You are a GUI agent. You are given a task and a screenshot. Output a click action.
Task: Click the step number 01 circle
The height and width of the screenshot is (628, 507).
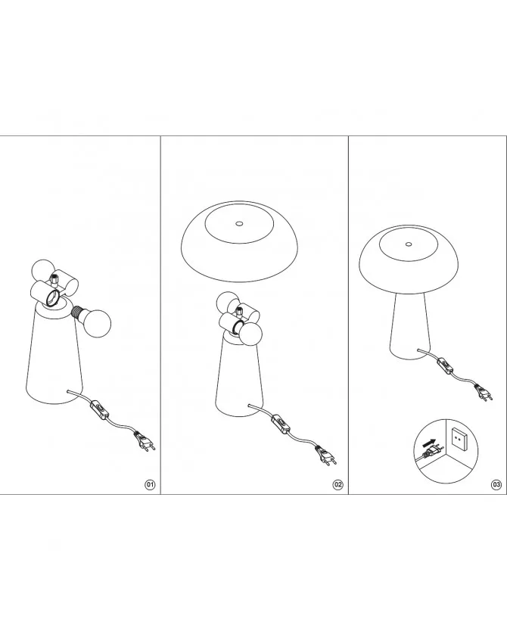tap(150, 484)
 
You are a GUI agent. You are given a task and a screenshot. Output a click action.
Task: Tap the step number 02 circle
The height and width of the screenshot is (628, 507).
tap(338, 484)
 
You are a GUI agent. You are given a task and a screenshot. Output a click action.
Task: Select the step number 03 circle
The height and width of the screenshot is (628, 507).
tap(496, 484)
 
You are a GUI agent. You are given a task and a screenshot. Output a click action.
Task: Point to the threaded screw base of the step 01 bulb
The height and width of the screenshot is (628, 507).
tap(77, 312)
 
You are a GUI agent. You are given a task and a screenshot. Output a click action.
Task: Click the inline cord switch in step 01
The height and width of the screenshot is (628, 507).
tap(101, 409)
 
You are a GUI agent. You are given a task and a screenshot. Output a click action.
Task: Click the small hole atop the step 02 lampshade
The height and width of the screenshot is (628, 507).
tap(239, 224)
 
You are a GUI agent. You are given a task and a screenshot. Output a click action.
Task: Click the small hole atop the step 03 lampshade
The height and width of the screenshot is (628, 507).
tap(409, 244)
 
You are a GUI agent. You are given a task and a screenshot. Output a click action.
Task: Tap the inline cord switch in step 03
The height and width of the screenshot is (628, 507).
tap(445, 365)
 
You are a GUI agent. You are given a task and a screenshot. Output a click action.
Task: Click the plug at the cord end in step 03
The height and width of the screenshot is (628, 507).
tap(484, 392)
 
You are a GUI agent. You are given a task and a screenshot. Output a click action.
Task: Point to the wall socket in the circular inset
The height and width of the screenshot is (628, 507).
tap(459, 438)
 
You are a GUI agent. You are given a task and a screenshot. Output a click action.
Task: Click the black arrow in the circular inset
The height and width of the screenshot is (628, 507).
tap(428, 443)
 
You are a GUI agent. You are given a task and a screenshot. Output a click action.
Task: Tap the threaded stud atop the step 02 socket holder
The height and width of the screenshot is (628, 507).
tap(240, 310)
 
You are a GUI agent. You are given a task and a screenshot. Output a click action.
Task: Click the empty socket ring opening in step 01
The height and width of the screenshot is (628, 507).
tap(53, 298)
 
